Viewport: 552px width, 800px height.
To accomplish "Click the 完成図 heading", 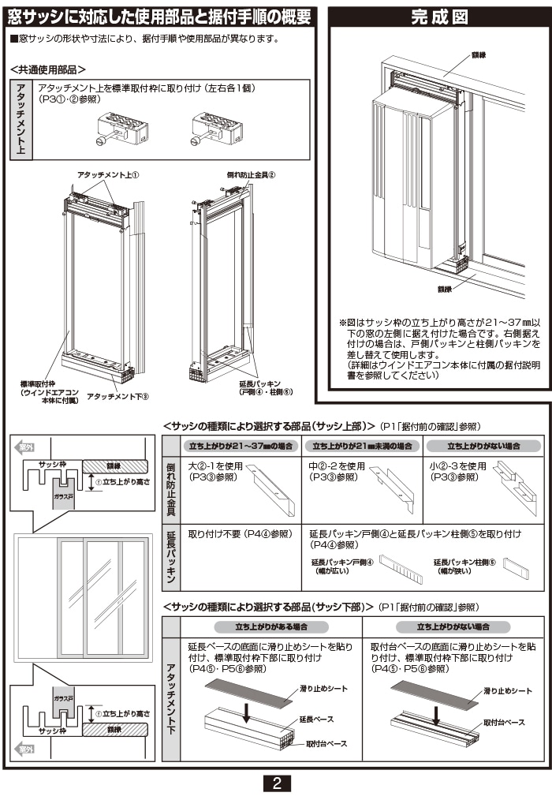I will point(438,17).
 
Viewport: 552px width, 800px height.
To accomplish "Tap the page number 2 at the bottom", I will point(276,783).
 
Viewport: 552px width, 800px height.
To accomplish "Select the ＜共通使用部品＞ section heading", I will point(48,69).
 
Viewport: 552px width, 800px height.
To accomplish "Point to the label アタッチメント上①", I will point(108,174).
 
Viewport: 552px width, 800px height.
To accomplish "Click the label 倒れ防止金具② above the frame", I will point(250,174).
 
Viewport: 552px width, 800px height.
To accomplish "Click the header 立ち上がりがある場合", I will point(259,626).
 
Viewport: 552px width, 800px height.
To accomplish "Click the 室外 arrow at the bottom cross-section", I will point(26,748).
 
